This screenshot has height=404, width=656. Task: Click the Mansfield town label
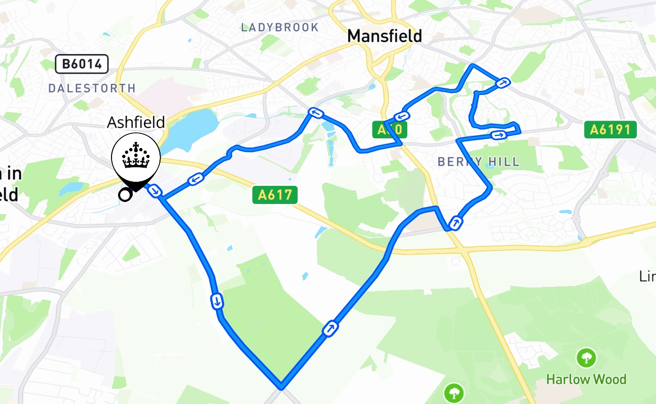tap(385, 36)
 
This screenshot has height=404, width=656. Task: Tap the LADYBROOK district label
tap(280, 27)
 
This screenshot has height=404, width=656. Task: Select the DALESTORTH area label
tap(92, 88)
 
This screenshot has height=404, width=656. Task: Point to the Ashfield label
tap(136, 122)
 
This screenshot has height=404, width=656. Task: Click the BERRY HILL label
tap(478, 162)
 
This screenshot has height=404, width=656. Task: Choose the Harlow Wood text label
tap(586, 379)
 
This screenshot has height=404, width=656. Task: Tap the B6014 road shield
tap(81, 64)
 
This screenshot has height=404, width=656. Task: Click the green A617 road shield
tap(275, 194)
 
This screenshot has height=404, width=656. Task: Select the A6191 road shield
tap(611, 130)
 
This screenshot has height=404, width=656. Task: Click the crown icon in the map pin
tap(136, 156)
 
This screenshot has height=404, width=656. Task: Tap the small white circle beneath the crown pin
tap(124, 194)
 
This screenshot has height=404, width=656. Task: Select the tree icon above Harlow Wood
tap(586, 358)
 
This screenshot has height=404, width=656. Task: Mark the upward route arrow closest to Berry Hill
tap(456, 222)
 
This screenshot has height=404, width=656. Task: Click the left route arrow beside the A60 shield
tap(403, 116)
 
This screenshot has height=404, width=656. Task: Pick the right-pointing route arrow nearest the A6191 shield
tap(499, 134)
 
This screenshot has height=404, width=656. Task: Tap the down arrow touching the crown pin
tap(156, 191)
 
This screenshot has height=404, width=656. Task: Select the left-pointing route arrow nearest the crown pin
tap(196, 178)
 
